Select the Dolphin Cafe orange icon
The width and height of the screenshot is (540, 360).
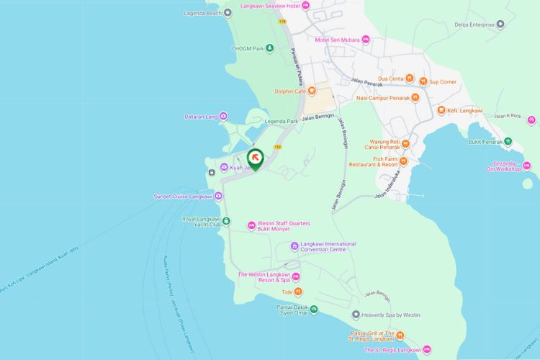click(312, 91)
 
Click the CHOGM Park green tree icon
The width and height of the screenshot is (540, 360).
click(269, 48)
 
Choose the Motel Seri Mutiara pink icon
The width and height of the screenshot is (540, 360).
click(366, 39)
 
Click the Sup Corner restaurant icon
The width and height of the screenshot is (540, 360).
click(423, 82)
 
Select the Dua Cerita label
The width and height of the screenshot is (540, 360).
click(390, 78)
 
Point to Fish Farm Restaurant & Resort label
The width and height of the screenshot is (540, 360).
click(375, 161)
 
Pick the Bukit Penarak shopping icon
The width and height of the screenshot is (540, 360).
click(507, 141)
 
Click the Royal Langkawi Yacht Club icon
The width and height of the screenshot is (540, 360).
click(225, 220)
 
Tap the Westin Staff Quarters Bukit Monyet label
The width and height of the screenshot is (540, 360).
click(279, 225)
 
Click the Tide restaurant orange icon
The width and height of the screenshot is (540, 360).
click(297, 292)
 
